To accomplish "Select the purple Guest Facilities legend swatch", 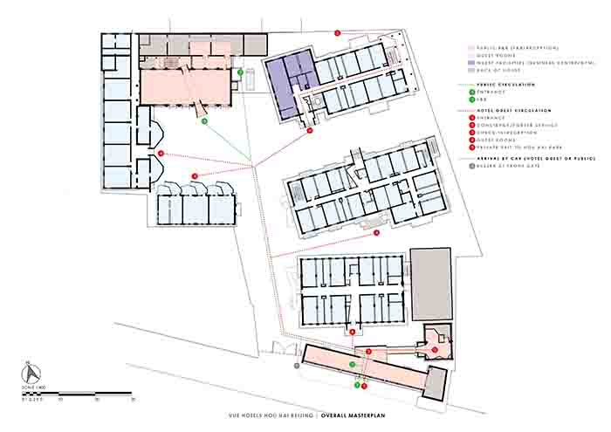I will pyautogui.click(x=471, y=63).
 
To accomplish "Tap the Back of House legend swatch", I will pyautogui.click(x=471, y=70).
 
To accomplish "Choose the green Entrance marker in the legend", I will pyautogui.click(x=471, y=92).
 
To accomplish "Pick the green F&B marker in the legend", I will pyautogui.click(x=471, y=99).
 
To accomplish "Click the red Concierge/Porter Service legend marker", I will pyautogui.click(x=471, y=125).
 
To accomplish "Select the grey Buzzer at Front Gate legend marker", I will pyautogui.click(x=471, y=166).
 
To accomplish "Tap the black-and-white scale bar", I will pyautogui.click(x=79, y=394).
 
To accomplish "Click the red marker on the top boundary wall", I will pyautogui.click(x=337, y=33).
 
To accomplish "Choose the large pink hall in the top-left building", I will pyautogui.click(x=188, y=87).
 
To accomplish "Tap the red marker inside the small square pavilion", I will pyautogui.click(x=435, y=350).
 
